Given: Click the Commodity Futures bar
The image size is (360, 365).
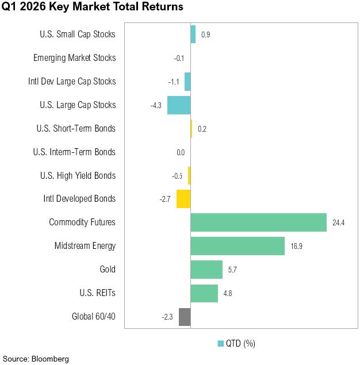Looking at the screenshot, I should point(259,222).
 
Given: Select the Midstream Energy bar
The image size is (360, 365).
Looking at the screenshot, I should point(238,246).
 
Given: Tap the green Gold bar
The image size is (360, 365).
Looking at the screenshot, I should point(206,269).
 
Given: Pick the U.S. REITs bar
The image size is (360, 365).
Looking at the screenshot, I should point(204,293).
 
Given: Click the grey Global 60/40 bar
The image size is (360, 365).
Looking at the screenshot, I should point(185,316).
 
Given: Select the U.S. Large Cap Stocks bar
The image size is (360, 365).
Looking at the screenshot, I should point(179,105).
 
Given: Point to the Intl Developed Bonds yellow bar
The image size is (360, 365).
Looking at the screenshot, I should point(183,199).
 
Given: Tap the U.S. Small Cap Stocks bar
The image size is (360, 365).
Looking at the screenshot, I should point(193,34).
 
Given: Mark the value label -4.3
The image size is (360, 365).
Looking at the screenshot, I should point(156,105).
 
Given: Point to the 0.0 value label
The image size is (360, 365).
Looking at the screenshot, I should point(181,152).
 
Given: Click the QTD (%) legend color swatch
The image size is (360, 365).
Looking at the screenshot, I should point(220,344).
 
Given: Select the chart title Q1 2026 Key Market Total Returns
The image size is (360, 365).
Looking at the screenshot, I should point(92,7).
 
